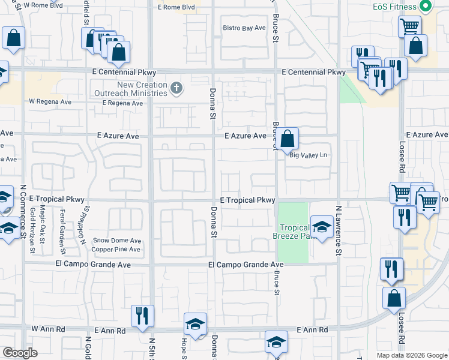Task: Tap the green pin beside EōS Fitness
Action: (x=426, y=7)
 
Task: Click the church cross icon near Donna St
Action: (x=176, y=89)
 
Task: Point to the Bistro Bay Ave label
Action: (x=244, y=28)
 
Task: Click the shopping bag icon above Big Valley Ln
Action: (x=288, y=139)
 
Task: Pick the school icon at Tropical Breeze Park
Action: (x=322, y=227)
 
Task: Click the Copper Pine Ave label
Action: (x=116, y=248)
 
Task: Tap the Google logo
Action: (x=20, y=353)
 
